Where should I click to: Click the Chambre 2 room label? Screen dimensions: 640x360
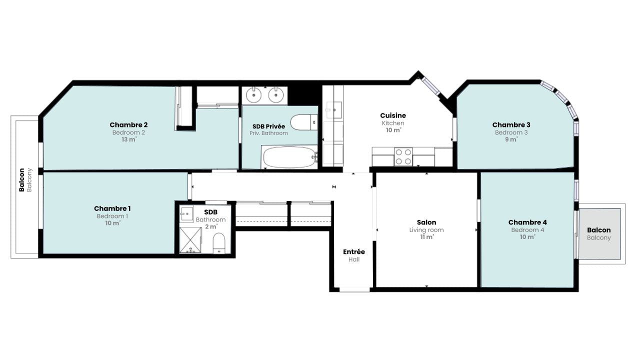click(128, 125)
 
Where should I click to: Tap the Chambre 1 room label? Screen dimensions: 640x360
click(112, 208)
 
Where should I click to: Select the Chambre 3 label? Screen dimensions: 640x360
click(511, 125)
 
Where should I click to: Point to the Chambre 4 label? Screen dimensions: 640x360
click(527, 222)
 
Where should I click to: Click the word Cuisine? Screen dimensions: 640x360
click(393, 115)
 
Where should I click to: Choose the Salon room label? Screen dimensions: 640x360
click(426, 222)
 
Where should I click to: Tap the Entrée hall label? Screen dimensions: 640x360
click(353, 251)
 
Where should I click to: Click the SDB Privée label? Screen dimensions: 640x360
click(268, 126)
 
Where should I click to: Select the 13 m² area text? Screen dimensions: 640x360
click(129, 139)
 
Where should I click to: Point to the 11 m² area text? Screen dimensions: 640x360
click(427, 237)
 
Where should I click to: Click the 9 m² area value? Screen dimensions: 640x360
click(511, 139)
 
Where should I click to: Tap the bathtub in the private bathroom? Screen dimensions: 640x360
click(289, 157)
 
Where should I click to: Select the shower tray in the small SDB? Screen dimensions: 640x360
click(190, 240)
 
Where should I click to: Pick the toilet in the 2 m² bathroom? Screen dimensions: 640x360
click(219, 243)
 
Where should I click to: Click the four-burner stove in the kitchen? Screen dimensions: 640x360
click(403, 156)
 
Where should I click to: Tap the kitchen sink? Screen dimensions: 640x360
click(333, 110)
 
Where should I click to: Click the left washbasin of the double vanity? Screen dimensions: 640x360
click(253, 95)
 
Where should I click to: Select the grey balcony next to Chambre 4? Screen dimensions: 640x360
click(599, 234)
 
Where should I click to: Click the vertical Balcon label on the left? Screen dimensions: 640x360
click(21, 180)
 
